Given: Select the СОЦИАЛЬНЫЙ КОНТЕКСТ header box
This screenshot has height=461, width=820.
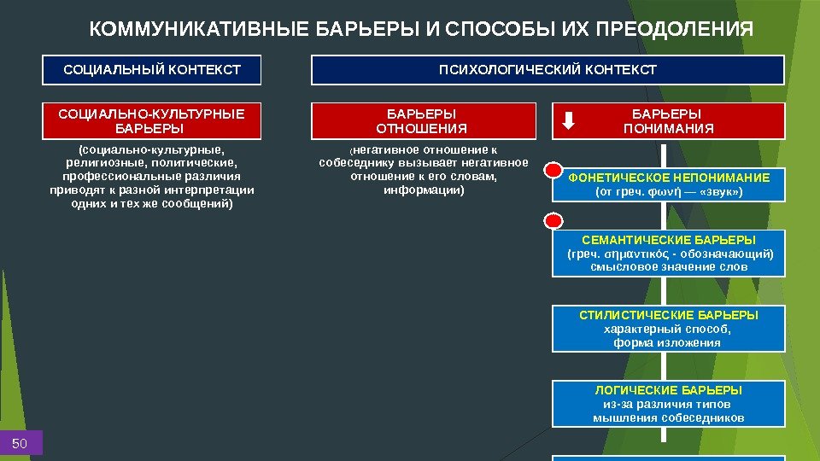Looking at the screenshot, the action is pos(152,70).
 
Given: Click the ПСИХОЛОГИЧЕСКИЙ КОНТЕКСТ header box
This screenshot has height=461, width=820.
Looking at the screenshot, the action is pos(548,70).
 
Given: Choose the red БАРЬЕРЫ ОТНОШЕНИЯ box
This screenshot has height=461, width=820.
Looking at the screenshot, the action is pos(422,121).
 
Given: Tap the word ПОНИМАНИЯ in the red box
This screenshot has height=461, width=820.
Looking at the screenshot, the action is pos(669,129).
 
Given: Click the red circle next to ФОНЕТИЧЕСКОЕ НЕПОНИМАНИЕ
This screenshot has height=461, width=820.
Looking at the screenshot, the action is pos(553,170).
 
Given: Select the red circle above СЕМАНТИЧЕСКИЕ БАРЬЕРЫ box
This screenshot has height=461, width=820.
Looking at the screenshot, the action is pos(553,222).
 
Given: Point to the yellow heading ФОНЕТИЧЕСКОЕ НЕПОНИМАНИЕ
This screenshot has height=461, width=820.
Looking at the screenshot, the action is pos(669,178).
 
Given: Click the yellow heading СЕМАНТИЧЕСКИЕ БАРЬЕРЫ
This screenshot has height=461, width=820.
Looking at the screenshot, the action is pos(669,241).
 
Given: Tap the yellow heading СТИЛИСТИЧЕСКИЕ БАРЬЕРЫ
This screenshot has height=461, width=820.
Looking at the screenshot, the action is pos(669,315).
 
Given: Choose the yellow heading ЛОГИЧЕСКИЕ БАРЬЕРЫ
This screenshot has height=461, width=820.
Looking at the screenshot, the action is pos(669,390).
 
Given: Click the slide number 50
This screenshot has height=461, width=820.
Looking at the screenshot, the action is pos(20,442).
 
